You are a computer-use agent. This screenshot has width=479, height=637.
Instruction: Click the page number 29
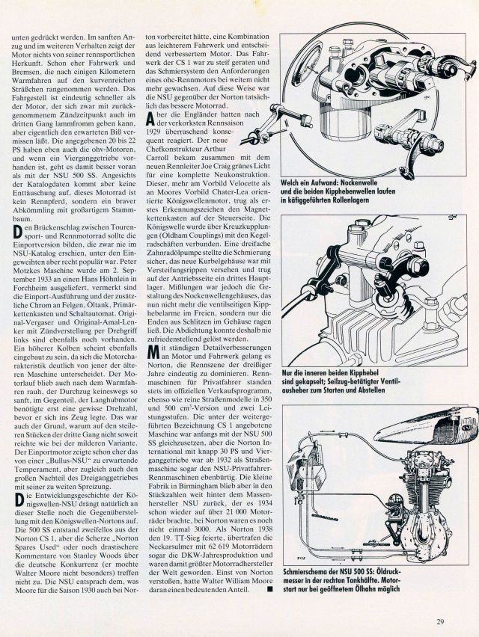point(443,620)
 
